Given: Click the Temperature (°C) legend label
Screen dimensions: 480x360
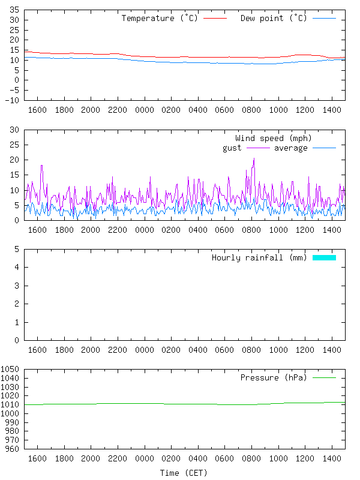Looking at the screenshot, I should (x=160, y=18).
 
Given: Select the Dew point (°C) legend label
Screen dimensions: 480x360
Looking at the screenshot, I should (x=274, y=18).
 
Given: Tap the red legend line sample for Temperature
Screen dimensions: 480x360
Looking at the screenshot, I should (x=215, y=19).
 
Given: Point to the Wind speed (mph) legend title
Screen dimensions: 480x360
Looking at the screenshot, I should (x=274, y=138).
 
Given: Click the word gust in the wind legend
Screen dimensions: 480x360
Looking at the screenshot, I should (x=232, y=148).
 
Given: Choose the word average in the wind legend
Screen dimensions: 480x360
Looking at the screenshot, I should (x=291, y=148).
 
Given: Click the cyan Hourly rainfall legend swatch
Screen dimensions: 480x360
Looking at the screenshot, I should (x=324, y=257).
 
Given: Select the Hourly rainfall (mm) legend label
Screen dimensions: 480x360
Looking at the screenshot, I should (x=259, y=257).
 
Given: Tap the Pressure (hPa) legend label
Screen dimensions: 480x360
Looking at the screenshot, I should (x=273, y=377).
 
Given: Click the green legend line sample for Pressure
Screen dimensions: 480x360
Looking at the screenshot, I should (x=324, y=378).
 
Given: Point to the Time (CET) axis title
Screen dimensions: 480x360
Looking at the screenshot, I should (x=184, y=473).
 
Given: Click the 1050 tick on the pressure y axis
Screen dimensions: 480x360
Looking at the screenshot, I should (x=11, y=370).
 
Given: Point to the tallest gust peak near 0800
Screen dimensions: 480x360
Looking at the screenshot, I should (x=254, y=158).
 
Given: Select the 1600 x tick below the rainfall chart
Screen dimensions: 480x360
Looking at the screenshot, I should (x=37, y=349).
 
